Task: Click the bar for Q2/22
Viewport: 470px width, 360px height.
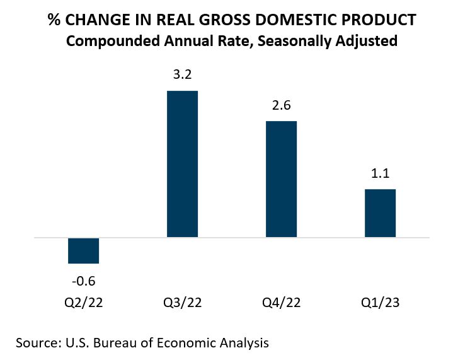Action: click(83, 250)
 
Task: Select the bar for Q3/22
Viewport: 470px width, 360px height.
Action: click(182, 164)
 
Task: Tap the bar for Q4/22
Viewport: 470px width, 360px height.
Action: click(281, 179)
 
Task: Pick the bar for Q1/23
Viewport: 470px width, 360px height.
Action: click(380, 213)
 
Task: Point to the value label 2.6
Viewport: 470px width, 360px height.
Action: click(281, 105)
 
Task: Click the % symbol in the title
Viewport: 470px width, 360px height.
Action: click(55, 20)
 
